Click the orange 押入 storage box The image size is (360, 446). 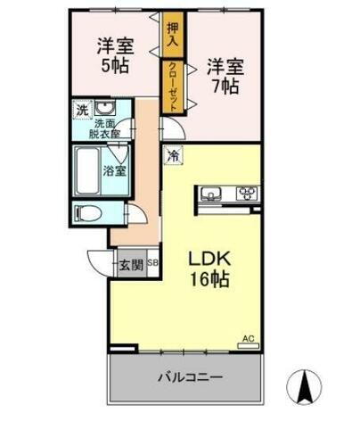172,35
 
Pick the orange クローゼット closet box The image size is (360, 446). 172,85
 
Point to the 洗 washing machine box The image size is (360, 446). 82,111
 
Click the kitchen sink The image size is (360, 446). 214,194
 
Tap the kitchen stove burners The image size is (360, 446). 246,194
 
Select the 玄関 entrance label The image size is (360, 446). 128,264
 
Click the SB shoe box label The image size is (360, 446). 152,264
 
